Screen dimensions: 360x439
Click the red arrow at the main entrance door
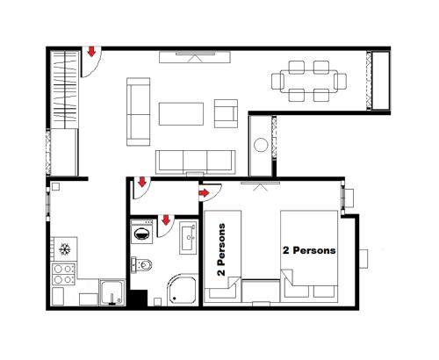[91, 54]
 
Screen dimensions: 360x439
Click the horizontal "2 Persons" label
[309, 250]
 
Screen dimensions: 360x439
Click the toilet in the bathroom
[143, 263]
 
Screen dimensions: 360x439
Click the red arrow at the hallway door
[140, 184]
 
